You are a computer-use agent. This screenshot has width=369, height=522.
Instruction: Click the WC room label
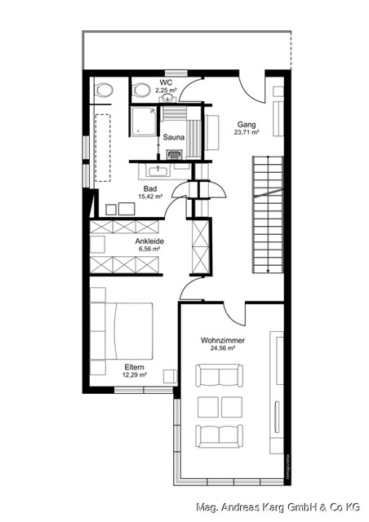[167, 82]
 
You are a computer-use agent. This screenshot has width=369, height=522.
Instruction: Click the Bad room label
[150, 188]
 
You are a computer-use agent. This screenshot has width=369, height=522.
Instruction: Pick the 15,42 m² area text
[150, 197]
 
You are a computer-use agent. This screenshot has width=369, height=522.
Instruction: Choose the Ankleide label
[150, 242]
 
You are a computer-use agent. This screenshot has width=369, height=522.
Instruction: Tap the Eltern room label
[135, 366]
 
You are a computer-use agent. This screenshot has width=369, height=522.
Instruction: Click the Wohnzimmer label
[223, 339]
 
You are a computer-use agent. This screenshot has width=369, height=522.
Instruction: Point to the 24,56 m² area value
[223, 348]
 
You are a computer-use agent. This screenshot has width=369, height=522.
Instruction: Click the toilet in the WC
[140, 91]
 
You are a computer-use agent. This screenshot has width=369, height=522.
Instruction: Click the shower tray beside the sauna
[145, 122]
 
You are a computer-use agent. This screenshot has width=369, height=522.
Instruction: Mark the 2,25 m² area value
[167, 91]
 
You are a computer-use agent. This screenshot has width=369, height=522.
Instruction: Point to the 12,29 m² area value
[135, 375]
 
